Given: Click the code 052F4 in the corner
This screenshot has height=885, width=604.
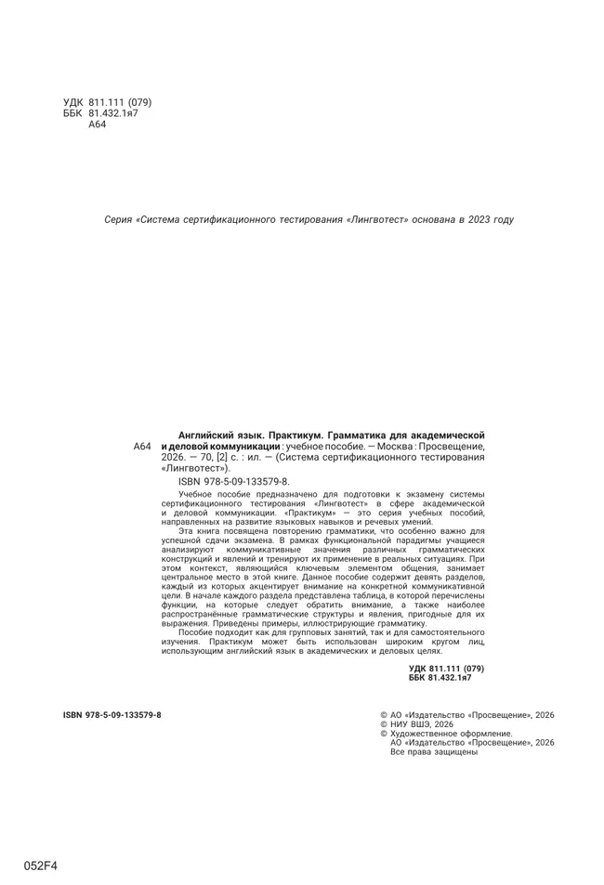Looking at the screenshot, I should click(x=41, y=865).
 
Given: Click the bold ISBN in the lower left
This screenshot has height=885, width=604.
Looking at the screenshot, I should click(x=112, y=715).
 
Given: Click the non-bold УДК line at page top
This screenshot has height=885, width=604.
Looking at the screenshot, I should click(x=107, y=102).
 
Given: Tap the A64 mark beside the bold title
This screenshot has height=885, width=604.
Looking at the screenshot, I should click(x=142, y=447).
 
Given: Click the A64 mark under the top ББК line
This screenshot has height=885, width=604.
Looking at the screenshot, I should click(x=98, y=124).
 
